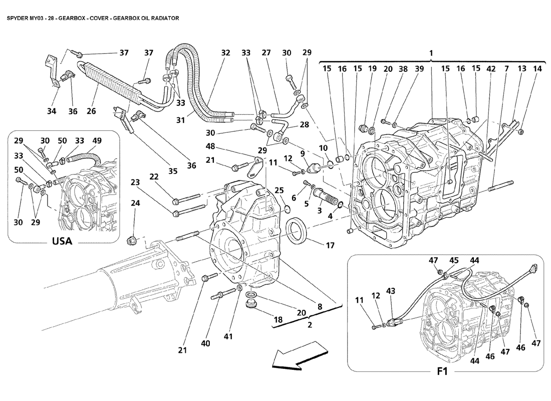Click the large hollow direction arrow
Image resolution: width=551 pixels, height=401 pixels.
pos(296,355)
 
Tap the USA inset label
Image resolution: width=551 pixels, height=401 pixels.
pos(62,241)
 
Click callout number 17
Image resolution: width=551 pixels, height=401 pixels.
pos(330,246)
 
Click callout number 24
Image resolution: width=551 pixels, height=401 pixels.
pos(135,203)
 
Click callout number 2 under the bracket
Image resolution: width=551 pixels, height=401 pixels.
pos(310,325)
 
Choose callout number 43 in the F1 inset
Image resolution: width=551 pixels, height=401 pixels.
pos(390,291)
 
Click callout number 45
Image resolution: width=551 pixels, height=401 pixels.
pos(454,260)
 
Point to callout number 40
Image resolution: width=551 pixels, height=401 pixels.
pos(205,343)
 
